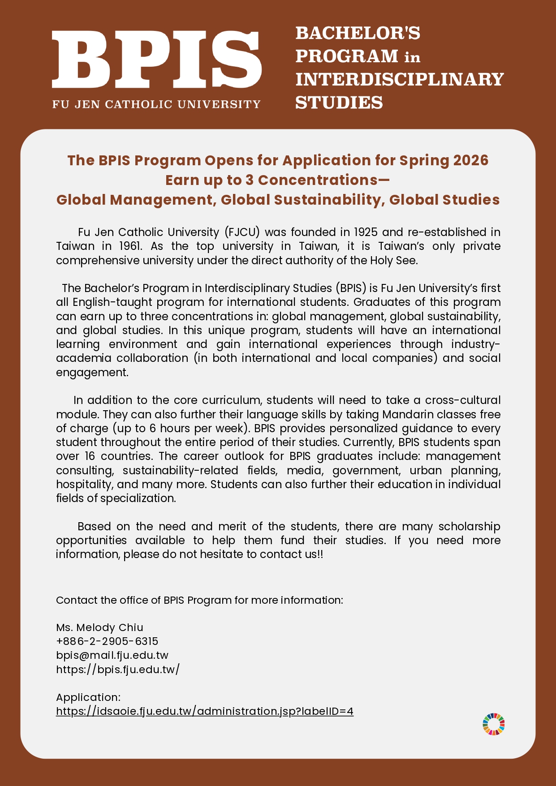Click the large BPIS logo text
click(157, 60)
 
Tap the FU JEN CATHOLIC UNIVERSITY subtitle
click(156, 104)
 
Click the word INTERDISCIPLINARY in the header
click(400, 79)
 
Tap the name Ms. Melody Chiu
click(99, 627)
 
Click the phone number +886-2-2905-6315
click(107, 641)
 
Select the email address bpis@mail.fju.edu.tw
click(112, 655)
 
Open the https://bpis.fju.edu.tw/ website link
click(118, 669)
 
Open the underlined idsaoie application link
click(205, 711)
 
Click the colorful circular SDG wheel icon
click(494, 724)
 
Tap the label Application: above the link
click(88, 697)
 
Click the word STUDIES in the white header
click(339, 103)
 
